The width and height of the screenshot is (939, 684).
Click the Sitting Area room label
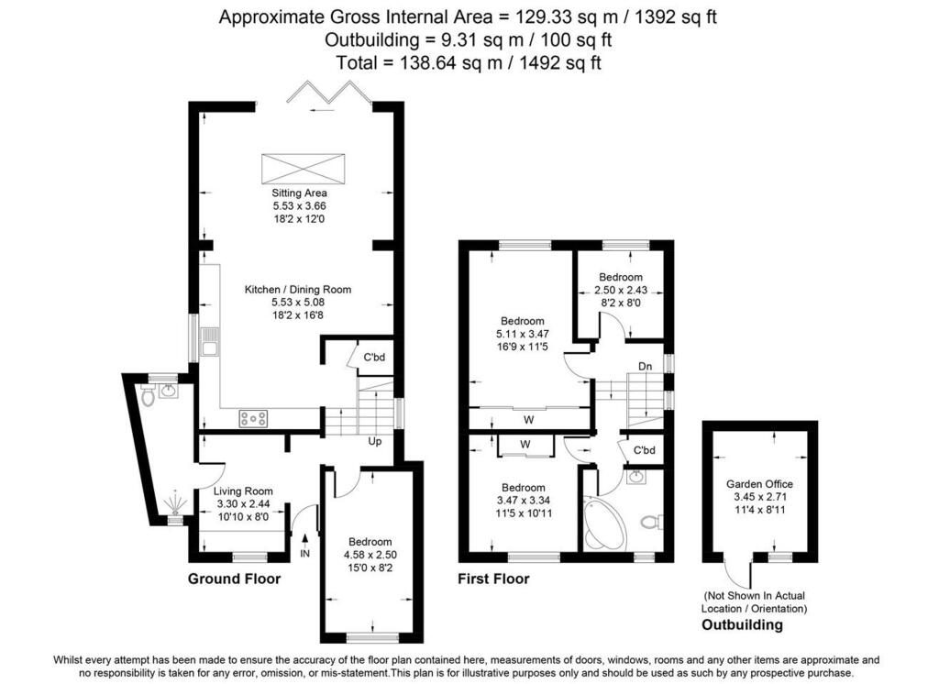pos(300,193)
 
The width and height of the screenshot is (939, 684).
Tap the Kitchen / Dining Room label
pos(298,290)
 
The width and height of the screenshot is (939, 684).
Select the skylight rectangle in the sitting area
pos(303,169)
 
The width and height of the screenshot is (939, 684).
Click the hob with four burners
pos(253,418)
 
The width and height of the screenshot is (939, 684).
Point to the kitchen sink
pos(210,341)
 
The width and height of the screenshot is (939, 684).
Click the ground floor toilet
pos(148,394)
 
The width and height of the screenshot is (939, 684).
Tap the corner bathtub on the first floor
pos(602,523)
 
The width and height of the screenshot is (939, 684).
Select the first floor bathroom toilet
pos(651,523)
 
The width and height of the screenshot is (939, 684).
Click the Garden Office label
pos(759,484)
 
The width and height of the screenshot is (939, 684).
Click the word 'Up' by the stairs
pos(375,441)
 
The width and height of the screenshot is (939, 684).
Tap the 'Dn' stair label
pos(645,366)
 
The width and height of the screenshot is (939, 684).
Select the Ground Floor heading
pos(234,579)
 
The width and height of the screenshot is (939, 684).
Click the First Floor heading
pos(493,579)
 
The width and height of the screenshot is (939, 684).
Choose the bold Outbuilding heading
pos(742,624)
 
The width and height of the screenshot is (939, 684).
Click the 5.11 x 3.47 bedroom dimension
pos(522,334)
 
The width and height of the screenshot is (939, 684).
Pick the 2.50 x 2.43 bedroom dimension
pos(621,290)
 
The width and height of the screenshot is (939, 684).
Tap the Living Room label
pos(243,491)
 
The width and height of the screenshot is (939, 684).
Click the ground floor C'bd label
pos(374,358)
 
